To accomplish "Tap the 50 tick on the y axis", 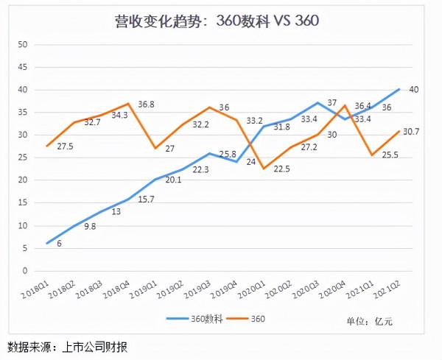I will coord(23,45).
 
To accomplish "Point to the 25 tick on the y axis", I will coord(23,158).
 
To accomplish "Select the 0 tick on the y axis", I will coord(25,270).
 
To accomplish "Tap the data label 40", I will coord(414,90).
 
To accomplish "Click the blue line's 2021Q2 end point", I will coord(399,90).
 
